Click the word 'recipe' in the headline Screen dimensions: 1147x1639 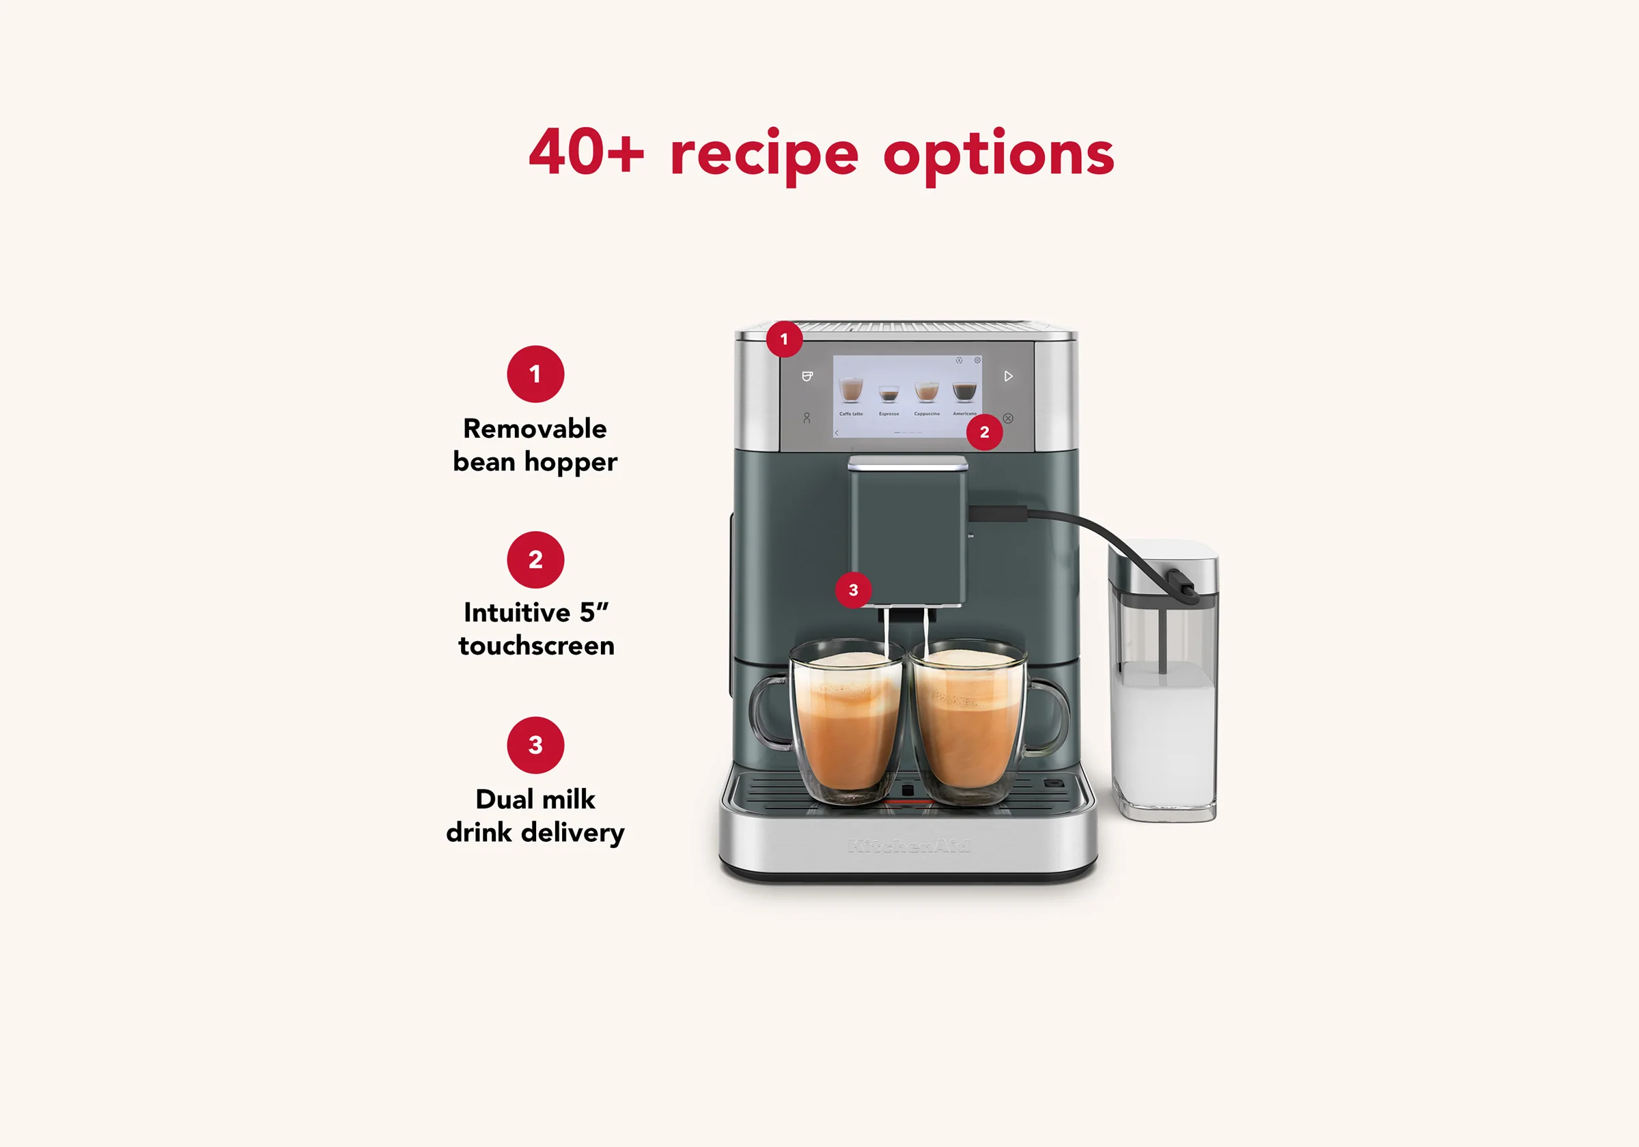click(x=763, y=154)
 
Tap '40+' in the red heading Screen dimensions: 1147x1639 click(x=585, y=153)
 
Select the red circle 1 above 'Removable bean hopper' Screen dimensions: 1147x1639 click(x=535, y=374)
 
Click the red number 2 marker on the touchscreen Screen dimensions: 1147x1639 click(x=983, y=431)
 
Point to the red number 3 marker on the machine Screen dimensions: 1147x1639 click(x=853, y=590)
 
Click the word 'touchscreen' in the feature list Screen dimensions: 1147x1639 click(x=536, y=645)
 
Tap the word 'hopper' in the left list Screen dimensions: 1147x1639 click(x=570, y=462)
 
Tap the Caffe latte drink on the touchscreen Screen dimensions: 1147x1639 click(x=850, y=391)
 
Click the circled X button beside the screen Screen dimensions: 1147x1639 click(x=1008, y=419)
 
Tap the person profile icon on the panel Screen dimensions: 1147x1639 click(x=807, y=419)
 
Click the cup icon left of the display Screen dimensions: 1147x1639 click(x=807, y=376)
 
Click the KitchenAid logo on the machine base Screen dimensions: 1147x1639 click(x=908, y=847)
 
